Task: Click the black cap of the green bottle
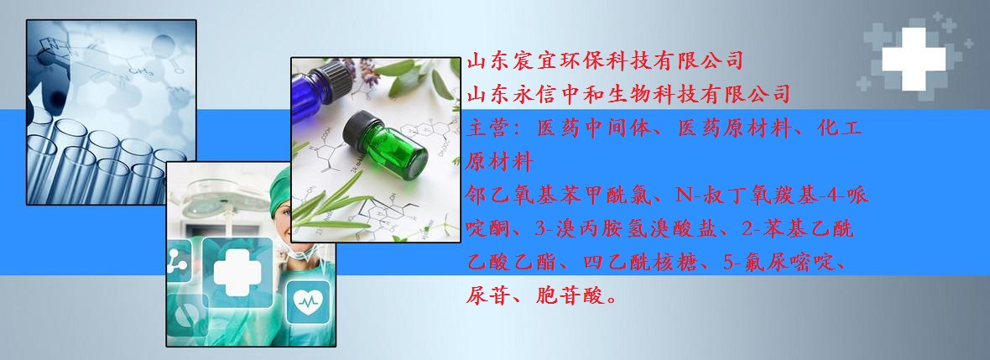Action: pyautogui.click(x=362, y=130)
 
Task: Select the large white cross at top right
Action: pyautogui.click(x=914, y=59)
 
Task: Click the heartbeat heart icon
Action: pyautogui.click(x=308, y=302)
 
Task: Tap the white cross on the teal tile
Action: pyautogui.click(x=237, y=272)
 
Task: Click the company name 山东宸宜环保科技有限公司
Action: pyautogui.click(x=605, y=61)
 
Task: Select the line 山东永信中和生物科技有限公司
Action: pyautogui.click(x=628, y=95)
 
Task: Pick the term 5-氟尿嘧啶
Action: pyautogui.click(x=778, y=262)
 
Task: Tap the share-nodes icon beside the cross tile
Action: pyautogui.click(x=179, y=261)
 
